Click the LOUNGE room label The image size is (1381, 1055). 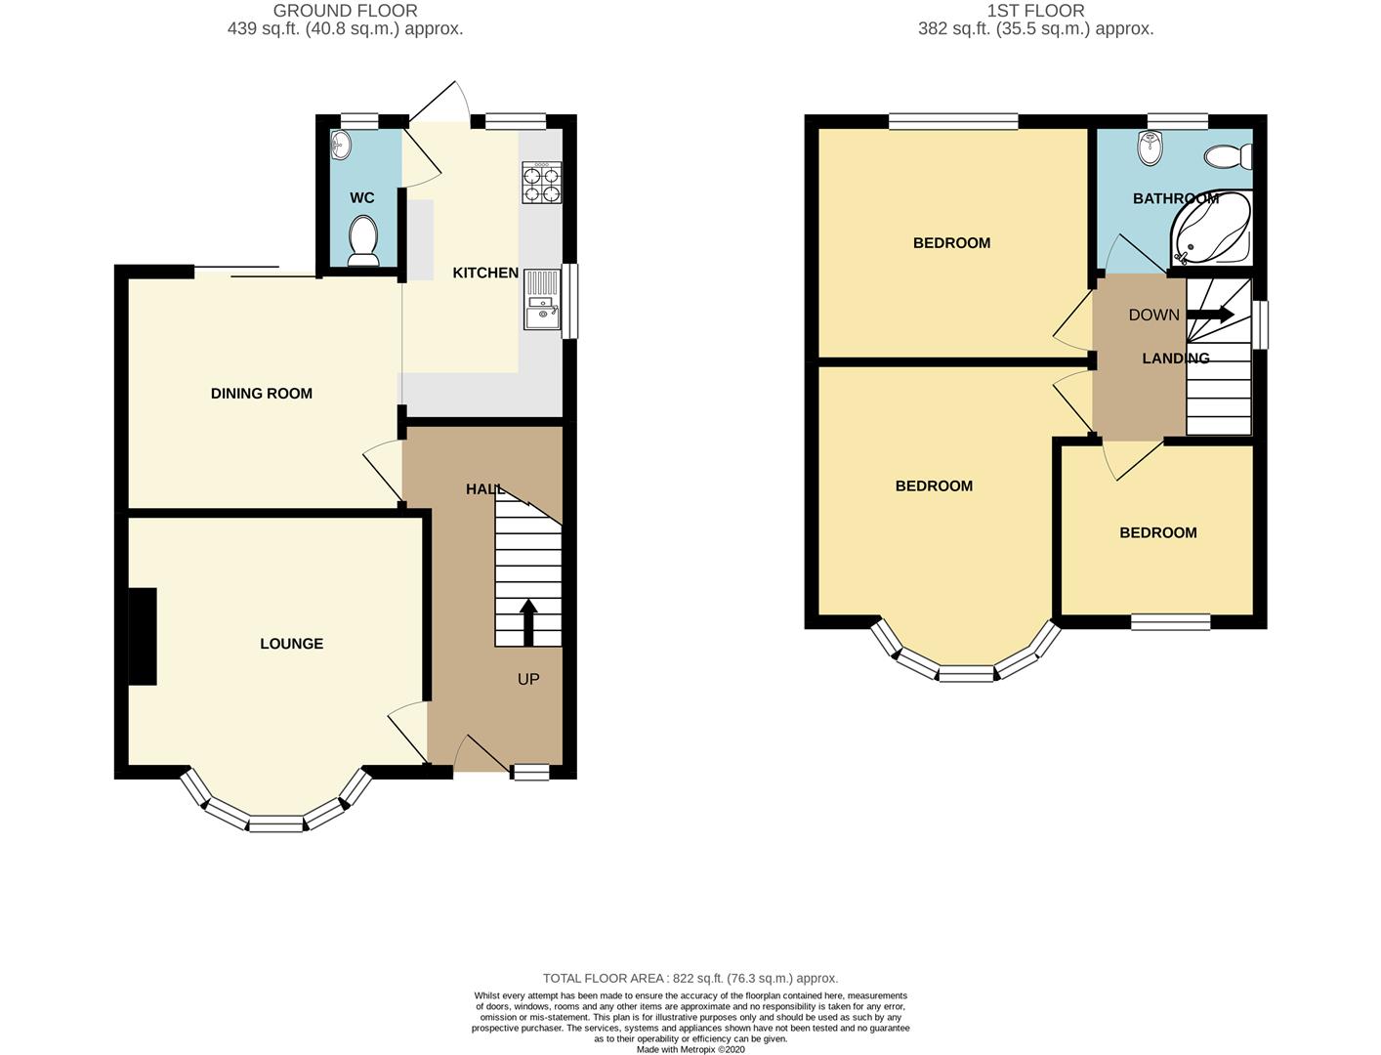click(x=291, y=644)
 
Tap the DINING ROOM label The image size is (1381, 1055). click(x=262, y=394)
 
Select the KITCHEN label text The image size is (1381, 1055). click(x=485, y=273)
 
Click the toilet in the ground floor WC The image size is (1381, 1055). click(x=363, y=240)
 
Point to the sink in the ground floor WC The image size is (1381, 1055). click(x=341, y=146)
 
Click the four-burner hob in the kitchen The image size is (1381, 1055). click(x=543, y=185)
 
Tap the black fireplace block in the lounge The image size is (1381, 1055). click(x=143, y=636)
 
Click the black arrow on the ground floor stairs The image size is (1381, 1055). click(x=528, y=622)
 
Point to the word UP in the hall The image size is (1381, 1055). click(x=528, y=679)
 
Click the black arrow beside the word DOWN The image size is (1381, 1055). click(x=1210, y=315)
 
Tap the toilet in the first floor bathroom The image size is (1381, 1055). click(x=1227, y=156)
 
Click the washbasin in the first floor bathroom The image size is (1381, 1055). click(x=1151, y=148)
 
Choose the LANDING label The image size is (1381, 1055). click(x=1176, y=359)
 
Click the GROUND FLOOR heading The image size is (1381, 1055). click(x=345, y=11)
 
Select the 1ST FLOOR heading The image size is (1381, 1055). click(x=1035, y=11)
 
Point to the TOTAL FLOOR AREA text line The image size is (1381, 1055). click(x=690, y=978)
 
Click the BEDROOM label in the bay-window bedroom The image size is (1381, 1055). click(x=934, y=485)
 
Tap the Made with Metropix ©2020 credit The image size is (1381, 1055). click(x=690, y=1049)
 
